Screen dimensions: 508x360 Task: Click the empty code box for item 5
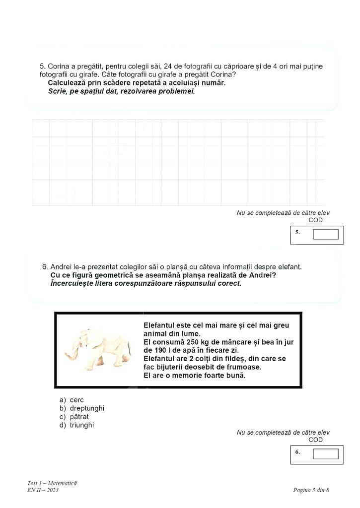(325, 234)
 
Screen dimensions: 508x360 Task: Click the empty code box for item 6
(325, 453)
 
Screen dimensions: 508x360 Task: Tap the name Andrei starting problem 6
(61, 267)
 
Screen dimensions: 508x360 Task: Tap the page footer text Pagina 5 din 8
(311, 491)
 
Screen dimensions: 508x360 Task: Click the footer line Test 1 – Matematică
(52, 483)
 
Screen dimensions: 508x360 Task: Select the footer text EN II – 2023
(43, 491)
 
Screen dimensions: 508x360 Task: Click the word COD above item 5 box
(315, 220)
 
